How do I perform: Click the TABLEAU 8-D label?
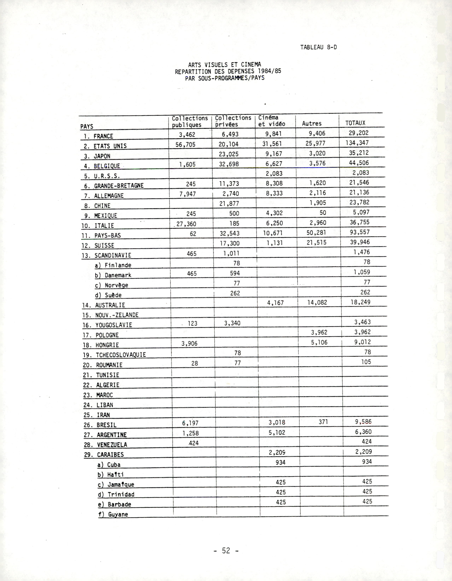pyautogui.click(x=318, y=47)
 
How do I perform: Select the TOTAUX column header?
pyautogui.click(x=355, y=123)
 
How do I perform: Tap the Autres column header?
pyautogui.click(x=312, y=123)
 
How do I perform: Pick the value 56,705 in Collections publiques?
pyautogui.click(x=185, y=144)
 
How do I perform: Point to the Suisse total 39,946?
pyautogui.click(x=359, y=242)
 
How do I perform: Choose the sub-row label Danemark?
pyautogui.click(x=118, y=275)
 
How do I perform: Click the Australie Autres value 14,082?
pyautogui.click(x=317, y=302)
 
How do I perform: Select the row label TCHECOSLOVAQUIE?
pyautogui.click(x=121, y=355)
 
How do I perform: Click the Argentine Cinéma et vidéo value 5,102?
pyautogui.click(x=277, y=433)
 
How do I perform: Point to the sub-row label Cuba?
pyautogui.click(x=114, y=465)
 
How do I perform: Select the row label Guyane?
pyautogui.click(x=118, y=514)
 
